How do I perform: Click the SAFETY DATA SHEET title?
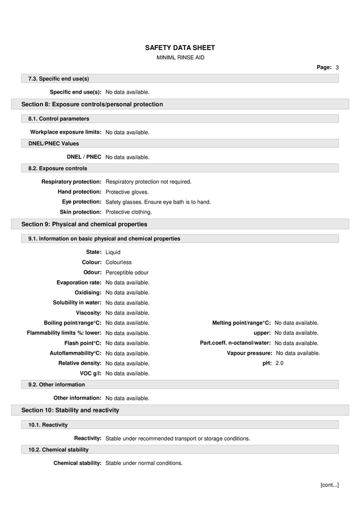180,48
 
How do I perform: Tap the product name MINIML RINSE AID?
180,58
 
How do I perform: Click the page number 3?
337,67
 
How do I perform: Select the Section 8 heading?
92,104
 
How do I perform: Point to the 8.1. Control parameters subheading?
58,119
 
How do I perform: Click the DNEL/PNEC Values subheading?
53,144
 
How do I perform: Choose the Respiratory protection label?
71,182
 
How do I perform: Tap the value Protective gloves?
127,192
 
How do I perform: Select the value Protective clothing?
128,212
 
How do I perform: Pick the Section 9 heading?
84,224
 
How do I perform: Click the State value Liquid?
113,252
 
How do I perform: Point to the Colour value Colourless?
118,262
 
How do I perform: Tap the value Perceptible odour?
127,273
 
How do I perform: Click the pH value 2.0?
279,363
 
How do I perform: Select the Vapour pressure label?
249,353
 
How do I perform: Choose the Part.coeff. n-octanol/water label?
235,343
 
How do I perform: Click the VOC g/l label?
90,373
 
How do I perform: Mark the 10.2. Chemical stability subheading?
58,449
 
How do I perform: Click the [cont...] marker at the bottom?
329,484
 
